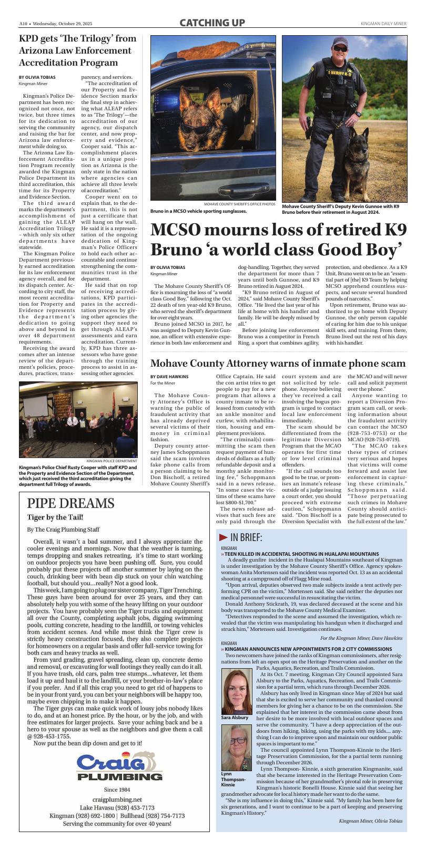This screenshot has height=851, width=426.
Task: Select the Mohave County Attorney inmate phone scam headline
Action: coord(278,364)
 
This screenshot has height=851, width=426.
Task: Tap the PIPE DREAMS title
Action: coord(70,503)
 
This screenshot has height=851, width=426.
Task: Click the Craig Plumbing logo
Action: coord(119,767)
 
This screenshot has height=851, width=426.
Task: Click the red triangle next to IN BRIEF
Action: coord(224,537)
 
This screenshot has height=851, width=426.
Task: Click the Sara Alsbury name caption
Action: coord(235,718)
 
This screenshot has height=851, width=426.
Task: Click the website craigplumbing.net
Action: coord(117,799)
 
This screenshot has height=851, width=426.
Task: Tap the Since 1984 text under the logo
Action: coord(117,790)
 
